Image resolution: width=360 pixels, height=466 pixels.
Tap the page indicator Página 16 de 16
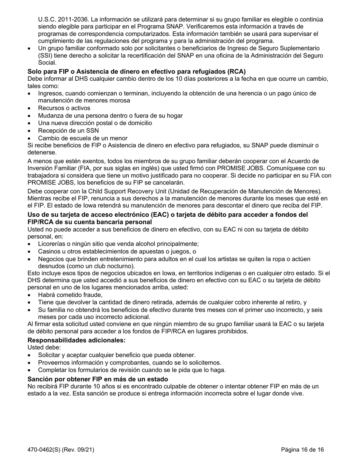tap(302, 450)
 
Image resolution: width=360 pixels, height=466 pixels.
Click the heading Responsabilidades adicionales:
tap(76, 340)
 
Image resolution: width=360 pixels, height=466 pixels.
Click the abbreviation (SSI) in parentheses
tap(45, 56)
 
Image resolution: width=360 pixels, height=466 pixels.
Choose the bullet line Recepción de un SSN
tap(68, 131)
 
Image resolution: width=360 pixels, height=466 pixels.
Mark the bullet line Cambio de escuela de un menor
tap(83, 138)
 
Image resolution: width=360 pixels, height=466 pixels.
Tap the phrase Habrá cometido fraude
tap(70, 295)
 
